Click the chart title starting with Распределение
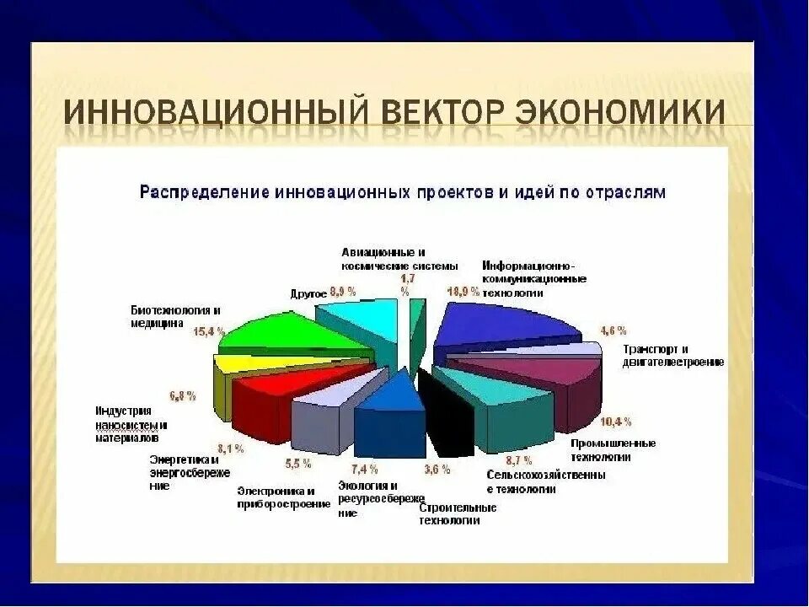tap(402, 192)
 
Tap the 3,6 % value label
tap(437, 470)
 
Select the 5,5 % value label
tap(298, 464)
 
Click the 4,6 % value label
tap(612, 330)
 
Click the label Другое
tap(308, 293)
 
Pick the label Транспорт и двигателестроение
tap(672, 355)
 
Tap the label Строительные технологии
tap(457, 513)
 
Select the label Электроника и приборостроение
tap(281, 497)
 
